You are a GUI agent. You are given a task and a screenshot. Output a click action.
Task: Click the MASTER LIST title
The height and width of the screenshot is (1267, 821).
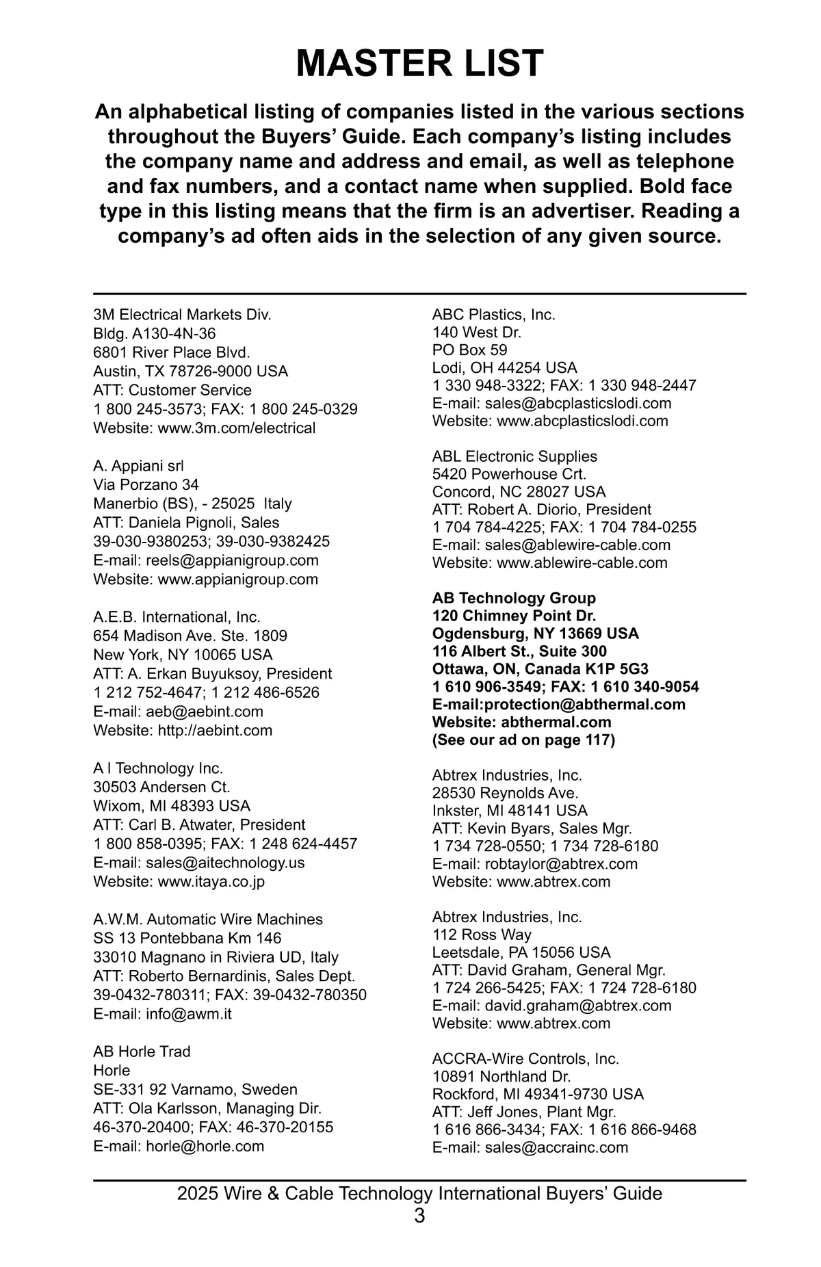coord(419,64)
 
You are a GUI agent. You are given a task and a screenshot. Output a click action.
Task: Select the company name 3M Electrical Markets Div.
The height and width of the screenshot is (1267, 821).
coord(182,315)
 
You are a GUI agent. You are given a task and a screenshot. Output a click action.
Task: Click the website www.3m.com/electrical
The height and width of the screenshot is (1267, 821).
coord(237,428)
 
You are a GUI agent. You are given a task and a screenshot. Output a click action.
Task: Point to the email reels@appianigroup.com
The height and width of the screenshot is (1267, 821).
coord(232,560)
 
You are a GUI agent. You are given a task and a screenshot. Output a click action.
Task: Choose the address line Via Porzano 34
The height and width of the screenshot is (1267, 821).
coord(146,485)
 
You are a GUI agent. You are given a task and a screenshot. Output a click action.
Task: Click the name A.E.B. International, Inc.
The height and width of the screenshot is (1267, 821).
coord(177,617)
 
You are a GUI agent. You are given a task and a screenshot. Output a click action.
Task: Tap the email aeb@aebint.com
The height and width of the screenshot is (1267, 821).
coord(204,711)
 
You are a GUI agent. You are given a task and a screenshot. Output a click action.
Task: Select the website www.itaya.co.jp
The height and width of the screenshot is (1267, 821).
coord(211,881)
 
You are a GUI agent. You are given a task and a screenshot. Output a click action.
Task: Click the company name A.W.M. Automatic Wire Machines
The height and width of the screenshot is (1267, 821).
coord(208,919)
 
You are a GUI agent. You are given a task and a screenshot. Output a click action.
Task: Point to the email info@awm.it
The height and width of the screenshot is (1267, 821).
coord(188,1014)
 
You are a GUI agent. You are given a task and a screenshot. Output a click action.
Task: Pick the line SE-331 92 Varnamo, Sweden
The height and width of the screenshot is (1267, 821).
coord(195,1089)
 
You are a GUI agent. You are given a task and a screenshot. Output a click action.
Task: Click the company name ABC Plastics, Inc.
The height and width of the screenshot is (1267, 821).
coord(493,315)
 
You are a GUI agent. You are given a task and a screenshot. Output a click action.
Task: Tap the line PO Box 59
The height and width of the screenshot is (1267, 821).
coord(469,350)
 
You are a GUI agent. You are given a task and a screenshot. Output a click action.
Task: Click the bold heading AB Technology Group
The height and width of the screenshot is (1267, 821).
coord(514,598)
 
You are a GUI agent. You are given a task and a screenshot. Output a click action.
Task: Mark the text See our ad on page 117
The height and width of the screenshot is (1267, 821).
coord(523,740)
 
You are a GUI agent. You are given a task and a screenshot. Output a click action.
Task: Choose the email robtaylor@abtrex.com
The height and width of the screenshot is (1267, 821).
coord(561,864)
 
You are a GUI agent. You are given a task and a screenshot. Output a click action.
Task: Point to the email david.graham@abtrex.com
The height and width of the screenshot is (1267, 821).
coord(577,1006)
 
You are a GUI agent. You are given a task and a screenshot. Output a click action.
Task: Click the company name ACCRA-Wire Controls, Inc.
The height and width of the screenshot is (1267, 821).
coord(525,1059)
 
